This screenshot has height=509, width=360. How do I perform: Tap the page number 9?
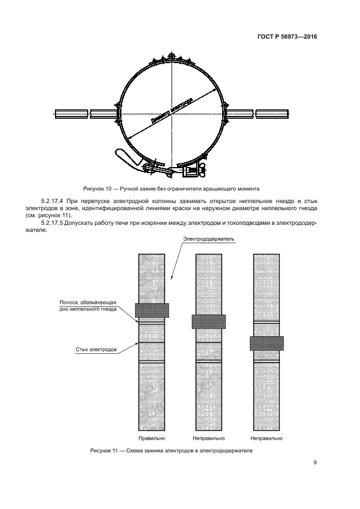(x=315, y=463)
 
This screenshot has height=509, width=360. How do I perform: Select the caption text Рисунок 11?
(x=106, y=451)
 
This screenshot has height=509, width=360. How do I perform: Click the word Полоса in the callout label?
(x=70, y=303)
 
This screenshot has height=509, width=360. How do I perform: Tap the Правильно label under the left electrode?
(x=152, y=438)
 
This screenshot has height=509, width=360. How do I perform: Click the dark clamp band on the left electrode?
(x=152, y=310)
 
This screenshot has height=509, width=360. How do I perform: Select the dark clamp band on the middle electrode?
(x=209, y=321)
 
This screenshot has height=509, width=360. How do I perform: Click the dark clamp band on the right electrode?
(x=266, y=343)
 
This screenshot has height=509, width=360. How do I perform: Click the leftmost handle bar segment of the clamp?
(x=71, y=114)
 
